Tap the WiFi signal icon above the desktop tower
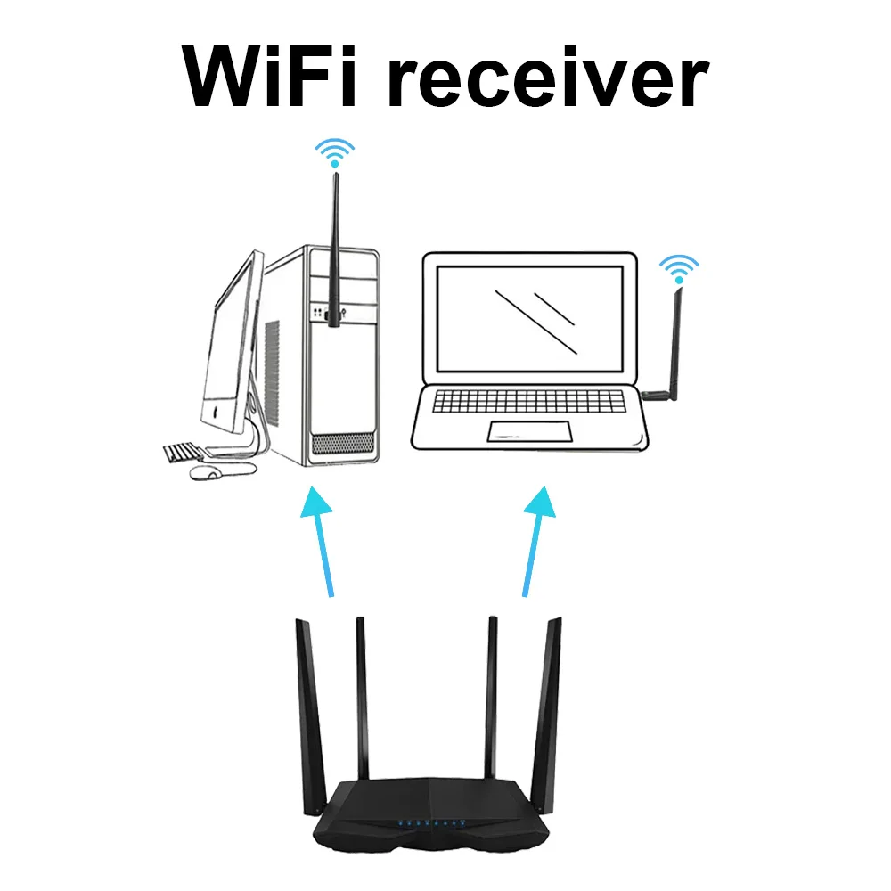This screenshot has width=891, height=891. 336,152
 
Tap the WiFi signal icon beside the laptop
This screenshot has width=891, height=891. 679,267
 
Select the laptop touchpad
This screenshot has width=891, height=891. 529,432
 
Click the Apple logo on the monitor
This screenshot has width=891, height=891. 213,413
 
